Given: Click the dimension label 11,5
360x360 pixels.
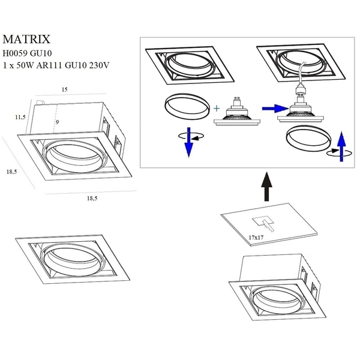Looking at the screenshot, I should coord(20,117).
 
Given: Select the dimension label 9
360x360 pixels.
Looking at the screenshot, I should coord(57,122).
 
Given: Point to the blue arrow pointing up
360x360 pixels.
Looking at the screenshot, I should coord(341,146).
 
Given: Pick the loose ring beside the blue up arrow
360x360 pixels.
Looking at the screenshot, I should coord(307,141).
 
